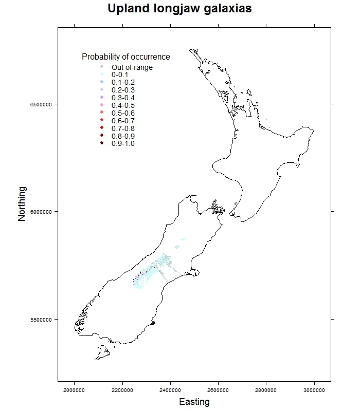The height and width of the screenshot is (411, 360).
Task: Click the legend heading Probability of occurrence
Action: coord(126,57)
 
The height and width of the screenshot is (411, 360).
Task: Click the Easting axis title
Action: coord(194,402)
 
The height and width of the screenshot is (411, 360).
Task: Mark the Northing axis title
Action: coord(22,204)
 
